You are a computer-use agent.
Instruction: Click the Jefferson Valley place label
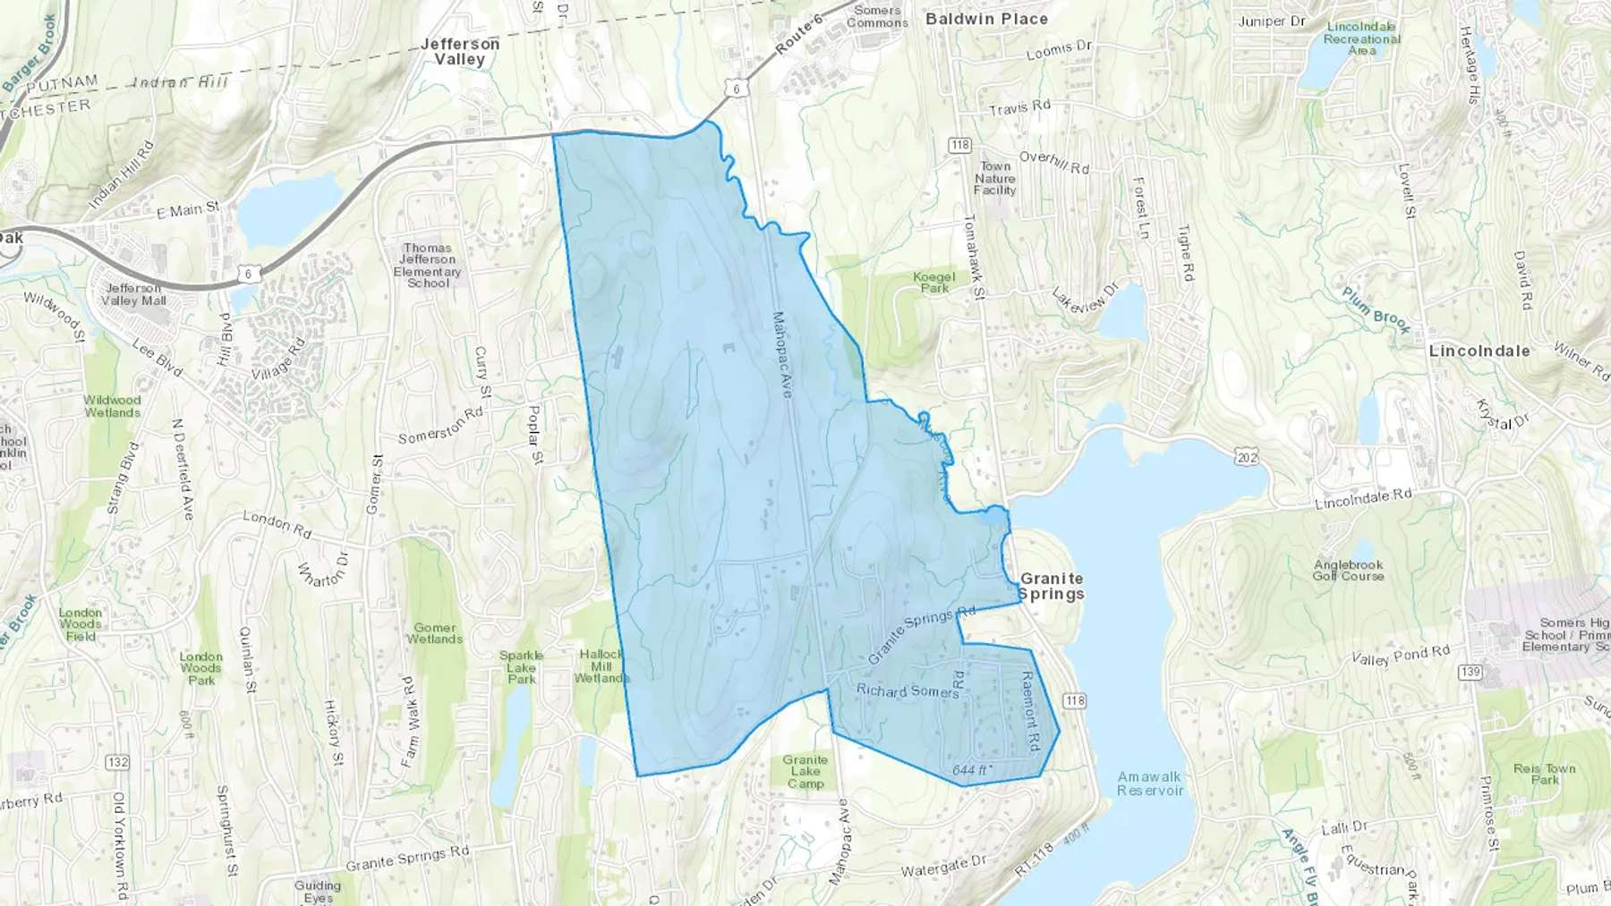click(x=460, y=52)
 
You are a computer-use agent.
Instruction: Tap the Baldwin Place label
click(x=986, y=19)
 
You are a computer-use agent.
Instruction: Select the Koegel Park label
click(x=934, y=283)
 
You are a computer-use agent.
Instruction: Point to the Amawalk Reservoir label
click(x=1150, y=783)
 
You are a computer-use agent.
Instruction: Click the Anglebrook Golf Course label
click(x=1349, y=571)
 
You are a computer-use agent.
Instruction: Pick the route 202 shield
click(x=1247, y=458)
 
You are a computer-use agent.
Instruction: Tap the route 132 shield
click(x=117, y=762)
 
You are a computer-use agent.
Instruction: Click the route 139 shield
click(x=1470, y=672)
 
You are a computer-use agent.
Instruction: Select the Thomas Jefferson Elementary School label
click(x=428, y=266)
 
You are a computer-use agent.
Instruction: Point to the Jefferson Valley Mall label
click(x=133, y=294)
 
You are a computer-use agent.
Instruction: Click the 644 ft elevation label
click(x=971, y=770)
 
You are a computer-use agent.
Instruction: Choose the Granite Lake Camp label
click(x=805, y=772)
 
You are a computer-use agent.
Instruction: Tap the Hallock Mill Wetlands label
click(x=601, y=666)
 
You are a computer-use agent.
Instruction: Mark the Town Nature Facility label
click(x=995, y=178)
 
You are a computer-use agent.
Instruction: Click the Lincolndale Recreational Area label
click(x=1361, y=38)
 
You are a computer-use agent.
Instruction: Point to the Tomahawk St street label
click(x=974, y=257)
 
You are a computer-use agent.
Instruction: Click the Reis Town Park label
click(x=1545, y=774)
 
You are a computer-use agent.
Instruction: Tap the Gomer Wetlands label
click(x=435, y=633)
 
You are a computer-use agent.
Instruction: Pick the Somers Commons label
click(x=877, y=17)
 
